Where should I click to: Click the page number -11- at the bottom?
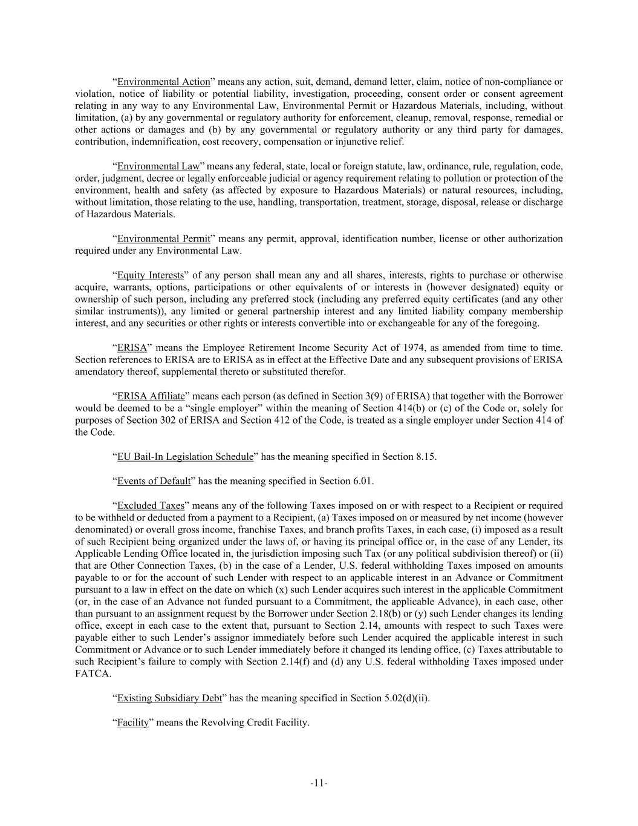[319, 783]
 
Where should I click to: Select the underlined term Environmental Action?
[163, 82]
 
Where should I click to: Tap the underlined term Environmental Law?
[158, 166]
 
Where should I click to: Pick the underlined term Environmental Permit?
[163, 239]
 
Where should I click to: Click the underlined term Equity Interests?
[150, 275]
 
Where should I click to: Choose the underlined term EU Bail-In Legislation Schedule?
[185, 457]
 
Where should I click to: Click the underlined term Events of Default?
[154, 481]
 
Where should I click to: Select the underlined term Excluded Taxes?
[151, 505]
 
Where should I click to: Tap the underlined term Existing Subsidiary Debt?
[169, 698]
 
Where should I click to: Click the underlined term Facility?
[133, 723]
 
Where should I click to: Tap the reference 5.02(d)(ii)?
[406, 698]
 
